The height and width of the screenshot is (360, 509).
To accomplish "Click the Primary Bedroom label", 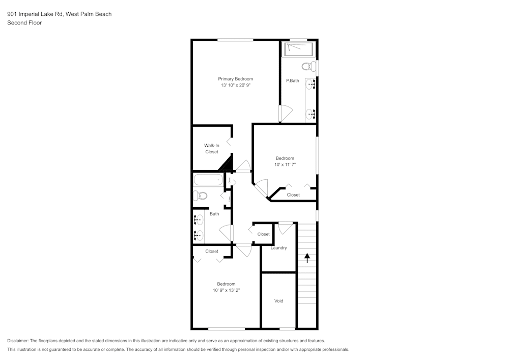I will click(235, 79).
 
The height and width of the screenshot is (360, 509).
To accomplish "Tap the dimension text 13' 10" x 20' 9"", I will click(235, 86).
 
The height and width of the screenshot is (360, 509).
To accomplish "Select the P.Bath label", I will click(292, 80).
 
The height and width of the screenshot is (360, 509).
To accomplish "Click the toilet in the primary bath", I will click(307, 66).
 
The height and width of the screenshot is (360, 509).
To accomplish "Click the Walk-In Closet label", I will click(212, 149).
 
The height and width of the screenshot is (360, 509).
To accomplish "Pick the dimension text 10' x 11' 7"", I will click(285, 165).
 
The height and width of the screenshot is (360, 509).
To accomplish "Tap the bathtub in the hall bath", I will click(209, 180).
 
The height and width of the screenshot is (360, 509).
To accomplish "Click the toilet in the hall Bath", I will click(200, 195).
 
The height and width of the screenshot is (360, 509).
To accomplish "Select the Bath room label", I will click(214, 214).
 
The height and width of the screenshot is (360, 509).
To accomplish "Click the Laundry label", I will click(278, 248).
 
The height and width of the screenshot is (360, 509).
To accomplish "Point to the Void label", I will click(278, 301).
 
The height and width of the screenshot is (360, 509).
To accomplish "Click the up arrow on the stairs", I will click(307, 258).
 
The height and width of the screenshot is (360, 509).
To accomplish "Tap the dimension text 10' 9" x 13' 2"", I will click(226, 290).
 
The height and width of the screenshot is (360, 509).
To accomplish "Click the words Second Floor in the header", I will click(24, 23).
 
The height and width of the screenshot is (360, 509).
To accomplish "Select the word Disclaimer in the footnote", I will click(18, 341).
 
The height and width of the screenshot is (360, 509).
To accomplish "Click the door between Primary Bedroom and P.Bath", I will click(285, 113).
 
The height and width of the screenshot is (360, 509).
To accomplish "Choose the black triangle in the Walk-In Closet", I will click(226, 164).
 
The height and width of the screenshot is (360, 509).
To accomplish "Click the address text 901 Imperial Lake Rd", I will click(34, 14).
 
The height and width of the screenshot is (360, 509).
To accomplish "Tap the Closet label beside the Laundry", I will click(263, 234).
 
